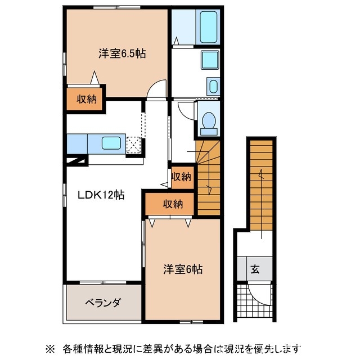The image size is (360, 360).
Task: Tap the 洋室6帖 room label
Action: coord(183,269)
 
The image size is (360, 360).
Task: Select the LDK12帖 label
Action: coord(101,196)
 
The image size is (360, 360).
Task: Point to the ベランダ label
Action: coord(102,303)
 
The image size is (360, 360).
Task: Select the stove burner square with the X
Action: coord(134,145)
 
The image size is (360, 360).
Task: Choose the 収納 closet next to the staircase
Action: coord(181,177)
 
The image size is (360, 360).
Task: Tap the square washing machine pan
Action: coord(210,59)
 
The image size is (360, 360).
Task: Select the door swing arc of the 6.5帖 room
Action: coord(157,88)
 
